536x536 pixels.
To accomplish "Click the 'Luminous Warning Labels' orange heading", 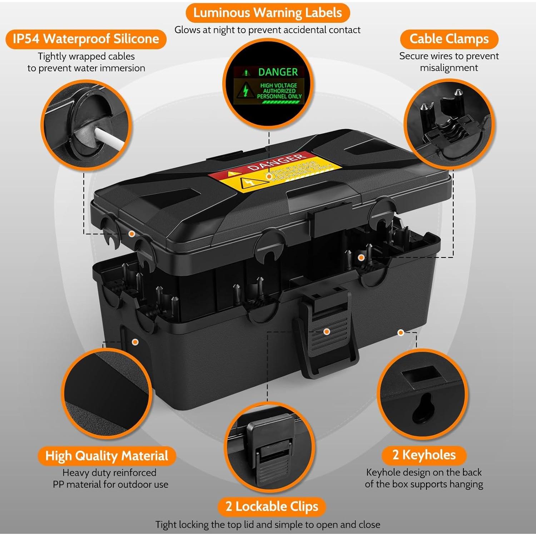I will click(x=267, y=13).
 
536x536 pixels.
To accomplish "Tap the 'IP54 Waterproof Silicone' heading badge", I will click(x=86, y=39).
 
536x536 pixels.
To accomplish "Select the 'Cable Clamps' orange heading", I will click(x=449, y=39).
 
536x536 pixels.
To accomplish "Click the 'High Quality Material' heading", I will click(x=106, y=456).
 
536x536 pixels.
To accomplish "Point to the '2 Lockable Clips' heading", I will click(x=272, y=507).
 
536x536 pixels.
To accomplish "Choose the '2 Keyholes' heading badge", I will click(x=424, y=455).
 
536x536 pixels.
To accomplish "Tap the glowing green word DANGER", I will click(x=278, y=72).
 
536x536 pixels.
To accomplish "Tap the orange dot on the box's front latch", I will click(x=326, y=332).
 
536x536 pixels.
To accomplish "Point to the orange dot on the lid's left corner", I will click(x=131, y=234).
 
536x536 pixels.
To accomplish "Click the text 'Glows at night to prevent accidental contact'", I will click(x=267, y=30).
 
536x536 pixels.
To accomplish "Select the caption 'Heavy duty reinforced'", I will click(x=109, y=473).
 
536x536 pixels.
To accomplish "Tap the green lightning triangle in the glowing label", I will click(x=245, y=91).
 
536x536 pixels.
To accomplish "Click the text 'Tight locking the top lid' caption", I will click(x=268, y=525).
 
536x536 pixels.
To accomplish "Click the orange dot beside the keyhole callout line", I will click(x=401, y=333).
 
